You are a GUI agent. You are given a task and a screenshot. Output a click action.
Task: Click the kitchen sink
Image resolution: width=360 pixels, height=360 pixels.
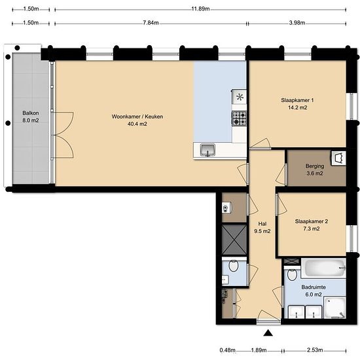(207, 150)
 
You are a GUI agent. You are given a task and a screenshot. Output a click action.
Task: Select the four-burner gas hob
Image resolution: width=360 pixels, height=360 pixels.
(239, 118)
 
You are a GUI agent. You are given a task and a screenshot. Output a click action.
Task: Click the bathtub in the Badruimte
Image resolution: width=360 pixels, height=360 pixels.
(323, 268)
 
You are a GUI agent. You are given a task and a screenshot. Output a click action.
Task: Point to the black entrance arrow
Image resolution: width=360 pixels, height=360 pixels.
(268, 333)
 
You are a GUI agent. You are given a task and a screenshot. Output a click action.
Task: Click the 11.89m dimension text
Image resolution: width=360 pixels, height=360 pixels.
(200, 9)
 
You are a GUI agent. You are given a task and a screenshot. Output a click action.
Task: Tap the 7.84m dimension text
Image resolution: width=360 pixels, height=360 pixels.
(151, 23)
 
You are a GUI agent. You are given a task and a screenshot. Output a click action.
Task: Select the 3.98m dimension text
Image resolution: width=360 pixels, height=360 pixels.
(297, 23)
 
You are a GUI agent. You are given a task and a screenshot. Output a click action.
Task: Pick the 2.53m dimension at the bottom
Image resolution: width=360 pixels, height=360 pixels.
(315, 350)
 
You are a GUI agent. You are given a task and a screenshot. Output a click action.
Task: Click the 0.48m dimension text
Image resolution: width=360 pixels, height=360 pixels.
(228, 350)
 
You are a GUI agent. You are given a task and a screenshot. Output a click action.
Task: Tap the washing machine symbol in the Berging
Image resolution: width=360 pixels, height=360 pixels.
(338, 158)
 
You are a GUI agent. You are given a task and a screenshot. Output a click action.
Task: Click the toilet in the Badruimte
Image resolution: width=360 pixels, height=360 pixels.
(292, 274)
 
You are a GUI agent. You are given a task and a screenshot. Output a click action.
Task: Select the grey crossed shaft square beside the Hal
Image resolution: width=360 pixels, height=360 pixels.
(234, 240)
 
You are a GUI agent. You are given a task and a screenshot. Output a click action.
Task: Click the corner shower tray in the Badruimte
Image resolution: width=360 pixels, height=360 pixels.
(334, 307)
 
